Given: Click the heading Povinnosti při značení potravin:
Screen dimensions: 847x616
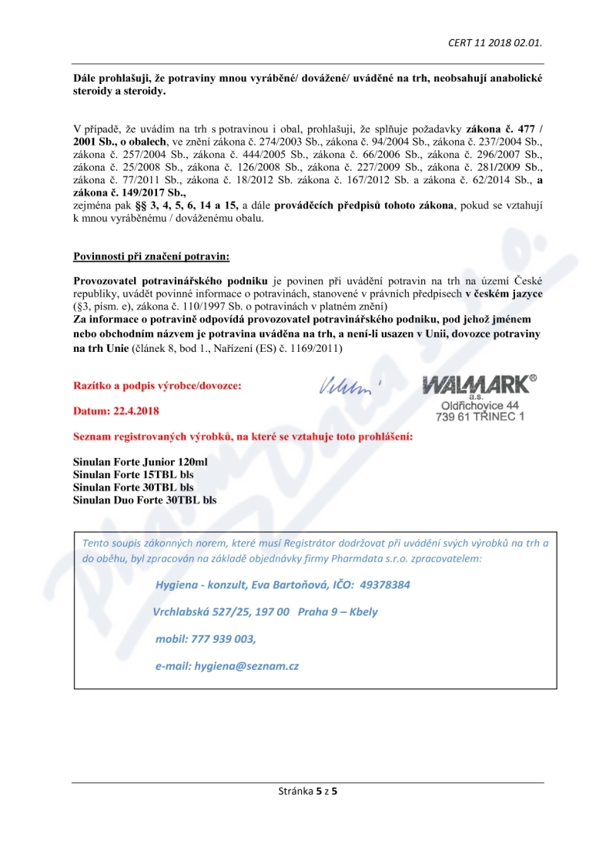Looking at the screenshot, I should click(x=151, y=256).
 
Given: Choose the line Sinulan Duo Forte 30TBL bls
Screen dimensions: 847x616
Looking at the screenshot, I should click(x=145, y=500).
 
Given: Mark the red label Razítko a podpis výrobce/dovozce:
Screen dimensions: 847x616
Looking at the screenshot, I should click(x=156, y=385).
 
